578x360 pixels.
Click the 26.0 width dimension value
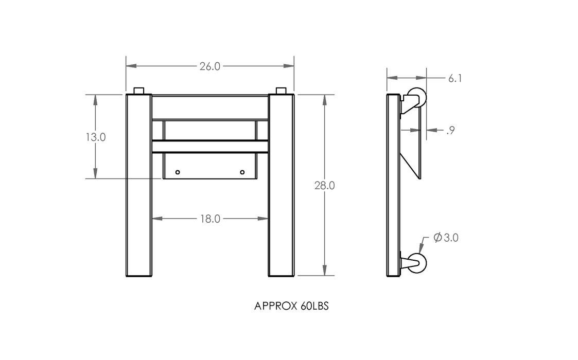(x=210, y=66)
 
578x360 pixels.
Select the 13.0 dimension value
(x=95, y=137)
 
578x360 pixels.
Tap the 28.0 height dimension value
(x=324, y=186)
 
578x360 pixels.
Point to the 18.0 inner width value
(x=210, y=219)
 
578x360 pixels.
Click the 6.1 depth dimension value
(x=455, y=79)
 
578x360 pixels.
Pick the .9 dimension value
(x=450, y=130)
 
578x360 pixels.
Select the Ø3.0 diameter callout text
(x=446, y=238)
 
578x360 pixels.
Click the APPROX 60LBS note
(x=291, y=306)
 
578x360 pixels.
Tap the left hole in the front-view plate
(x=178, y=172)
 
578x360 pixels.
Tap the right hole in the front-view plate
(x=242, y=172)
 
